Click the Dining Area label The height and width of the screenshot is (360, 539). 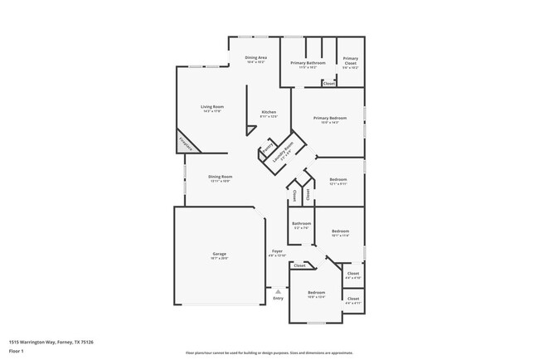255,58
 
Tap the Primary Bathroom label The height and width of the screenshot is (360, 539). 306,63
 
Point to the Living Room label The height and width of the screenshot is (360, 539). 212,107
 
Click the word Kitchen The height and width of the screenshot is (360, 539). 269,112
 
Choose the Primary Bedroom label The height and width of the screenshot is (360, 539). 329,119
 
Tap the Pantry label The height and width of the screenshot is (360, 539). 268,152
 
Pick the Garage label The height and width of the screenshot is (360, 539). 219,254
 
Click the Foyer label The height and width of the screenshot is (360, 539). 277,251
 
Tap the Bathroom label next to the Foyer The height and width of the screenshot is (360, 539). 301,223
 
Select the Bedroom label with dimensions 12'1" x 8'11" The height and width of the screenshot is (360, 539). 337,180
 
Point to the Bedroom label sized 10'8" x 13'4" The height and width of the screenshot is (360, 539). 317,293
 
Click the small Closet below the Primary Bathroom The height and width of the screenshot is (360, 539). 328,83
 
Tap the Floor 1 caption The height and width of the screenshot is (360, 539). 17,351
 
